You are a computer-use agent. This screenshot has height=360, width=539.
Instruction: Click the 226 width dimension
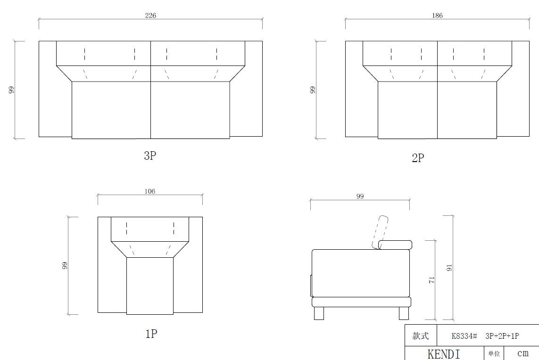[150, 16]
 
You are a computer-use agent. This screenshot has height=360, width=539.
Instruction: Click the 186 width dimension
[437, 16]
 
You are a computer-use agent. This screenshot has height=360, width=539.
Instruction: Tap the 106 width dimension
[150, 191]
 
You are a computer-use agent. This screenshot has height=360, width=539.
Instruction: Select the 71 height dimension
[432, 280]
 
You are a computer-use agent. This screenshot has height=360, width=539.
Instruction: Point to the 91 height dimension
[449, 268]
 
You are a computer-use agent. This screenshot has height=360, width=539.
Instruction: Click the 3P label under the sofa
[150, 155]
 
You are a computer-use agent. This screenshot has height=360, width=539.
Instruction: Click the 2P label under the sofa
[418, 158]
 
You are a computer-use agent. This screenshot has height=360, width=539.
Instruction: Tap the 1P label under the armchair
[151, 334]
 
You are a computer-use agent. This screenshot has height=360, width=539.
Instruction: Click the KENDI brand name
[444, 354]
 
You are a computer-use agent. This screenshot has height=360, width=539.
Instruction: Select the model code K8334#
[464, 336]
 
